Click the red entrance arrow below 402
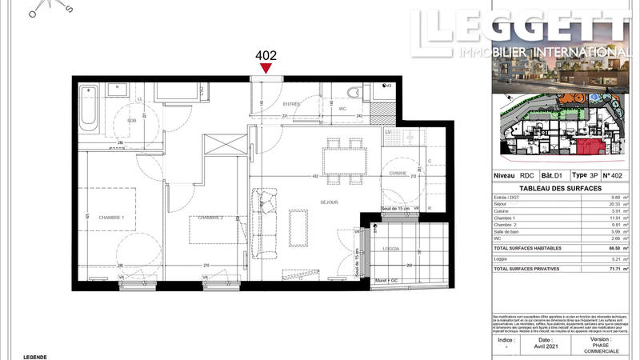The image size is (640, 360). click(x=266, y=70)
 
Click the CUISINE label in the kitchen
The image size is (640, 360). click(x=398, y=173)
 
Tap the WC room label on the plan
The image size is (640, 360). click(x=342, y=108)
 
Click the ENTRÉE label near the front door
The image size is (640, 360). click(x=292, y=103)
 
